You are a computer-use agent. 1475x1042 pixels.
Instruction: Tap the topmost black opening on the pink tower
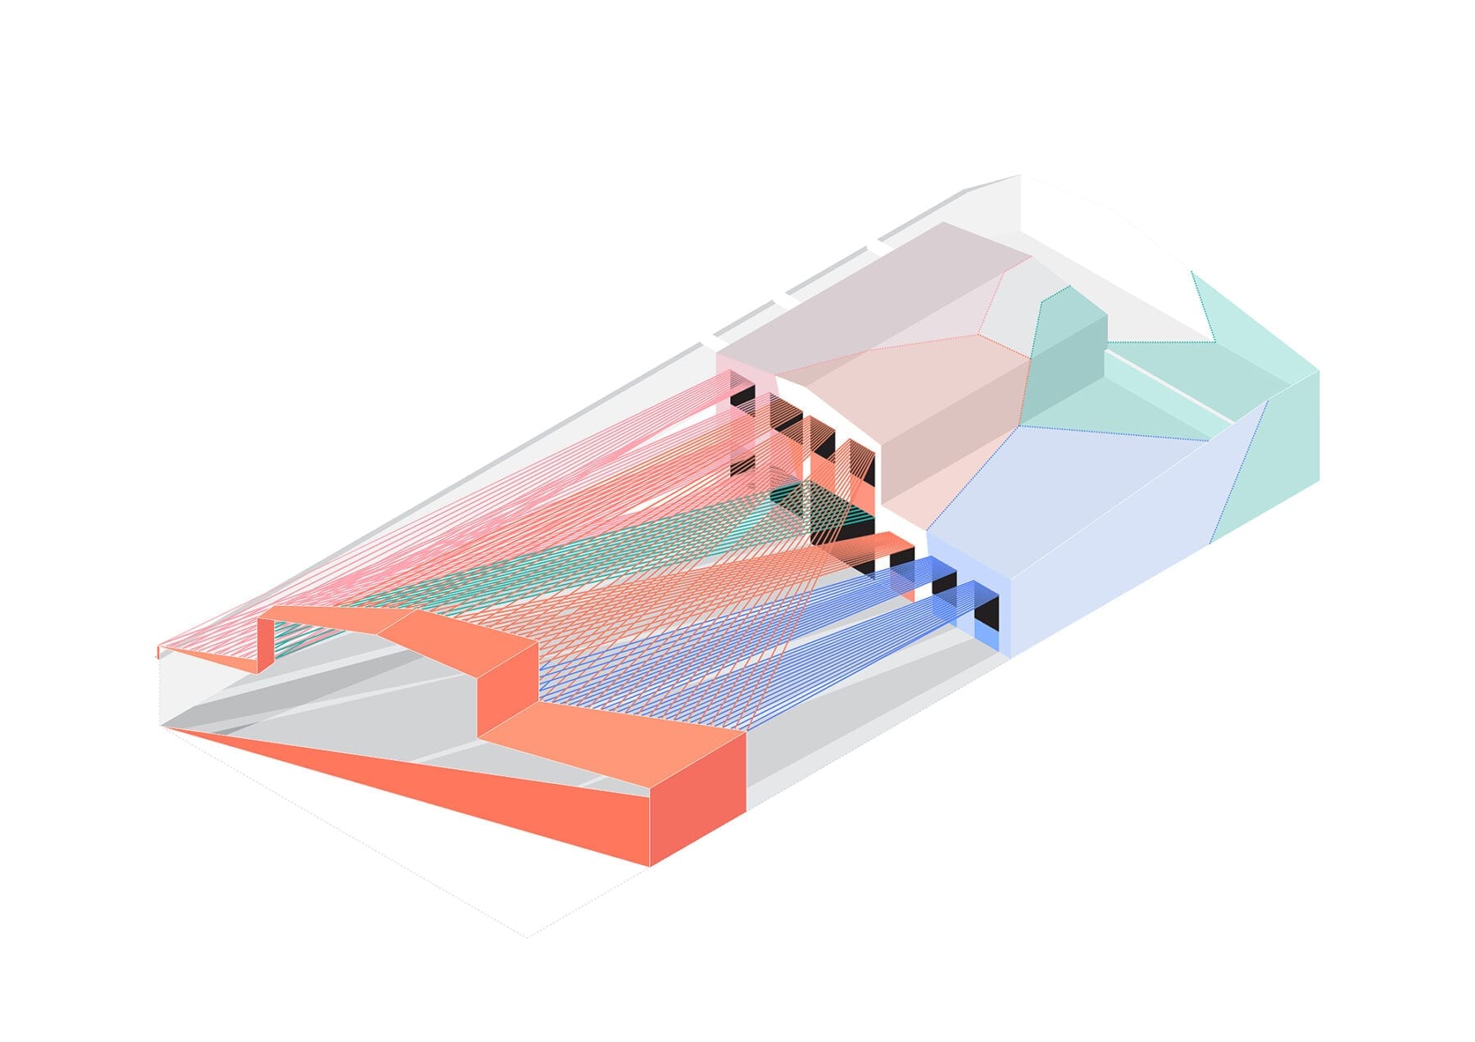742,397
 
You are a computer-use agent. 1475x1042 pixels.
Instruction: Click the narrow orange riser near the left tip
265,644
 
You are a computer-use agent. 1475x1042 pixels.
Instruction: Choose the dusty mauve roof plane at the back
869,295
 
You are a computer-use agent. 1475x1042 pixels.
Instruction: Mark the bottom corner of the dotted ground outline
527,936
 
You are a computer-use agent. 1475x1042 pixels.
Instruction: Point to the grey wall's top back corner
1019,176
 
